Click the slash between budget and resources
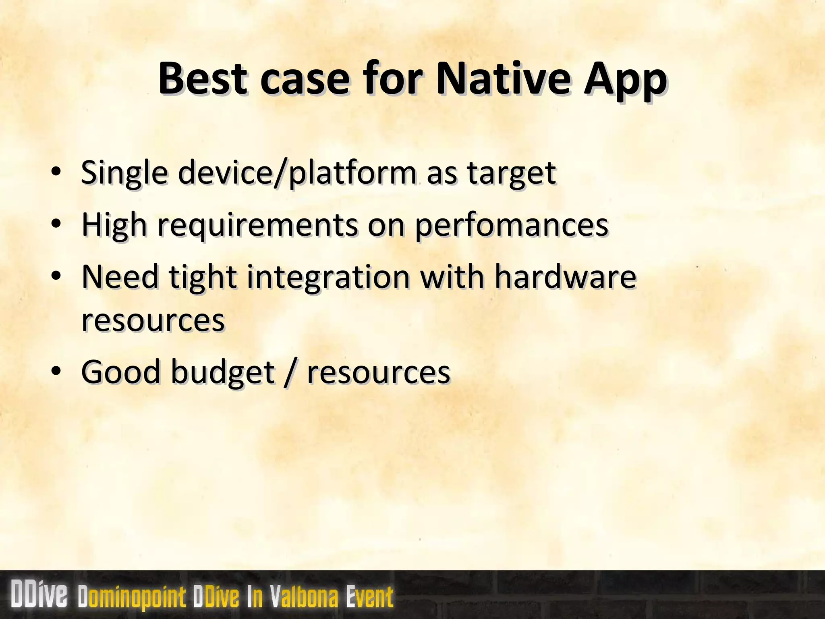click(x=287, y=372)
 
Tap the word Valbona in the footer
click(x=304, y=597)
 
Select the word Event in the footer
click(x=369, y=597)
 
